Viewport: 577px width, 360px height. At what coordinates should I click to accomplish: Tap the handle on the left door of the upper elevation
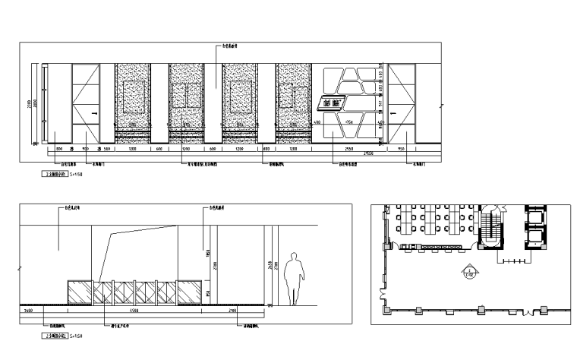(x=94, y=115)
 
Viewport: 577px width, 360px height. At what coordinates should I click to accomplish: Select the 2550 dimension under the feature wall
(x=350, y=150)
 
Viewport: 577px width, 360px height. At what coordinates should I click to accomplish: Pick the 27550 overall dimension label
(x=368, y=154)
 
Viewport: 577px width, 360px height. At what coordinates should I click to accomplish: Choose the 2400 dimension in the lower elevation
(x=30, y=311)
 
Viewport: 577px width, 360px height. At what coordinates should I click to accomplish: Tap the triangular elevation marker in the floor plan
(x=471, y=271)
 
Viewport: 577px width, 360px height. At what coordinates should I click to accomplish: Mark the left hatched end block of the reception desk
(x=80, y=292)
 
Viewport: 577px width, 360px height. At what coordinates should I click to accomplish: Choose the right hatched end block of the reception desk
(x=191, y=292)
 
